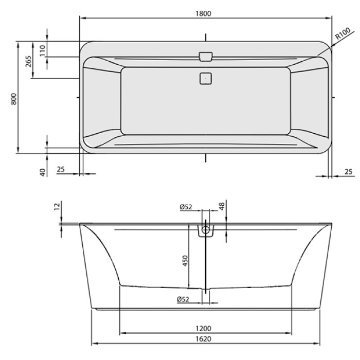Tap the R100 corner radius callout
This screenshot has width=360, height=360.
[x=343, y=35]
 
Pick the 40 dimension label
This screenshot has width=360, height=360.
[x=43, y=170]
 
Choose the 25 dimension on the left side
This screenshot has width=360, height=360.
[x=61, y=170]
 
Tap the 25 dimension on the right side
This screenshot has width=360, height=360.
[x=348, y=172]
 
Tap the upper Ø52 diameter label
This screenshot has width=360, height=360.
[x=186, y=207]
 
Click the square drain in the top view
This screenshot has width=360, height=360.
[x=205, y=79]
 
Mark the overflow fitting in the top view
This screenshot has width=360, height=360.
[x=205, y=56]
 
